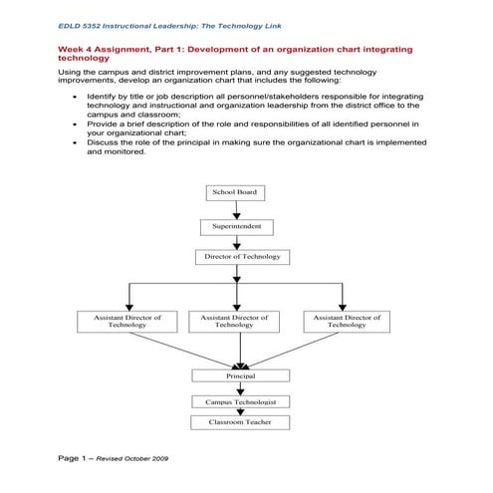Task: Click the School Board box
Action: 236,192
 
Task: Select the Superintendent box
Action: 236,227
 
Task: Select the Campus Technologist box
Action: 240,401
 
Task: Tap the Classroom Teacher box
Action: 240,422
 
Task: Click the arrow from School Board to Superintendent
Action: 236,210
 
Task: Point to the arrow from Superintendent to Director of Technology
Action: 236,242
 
